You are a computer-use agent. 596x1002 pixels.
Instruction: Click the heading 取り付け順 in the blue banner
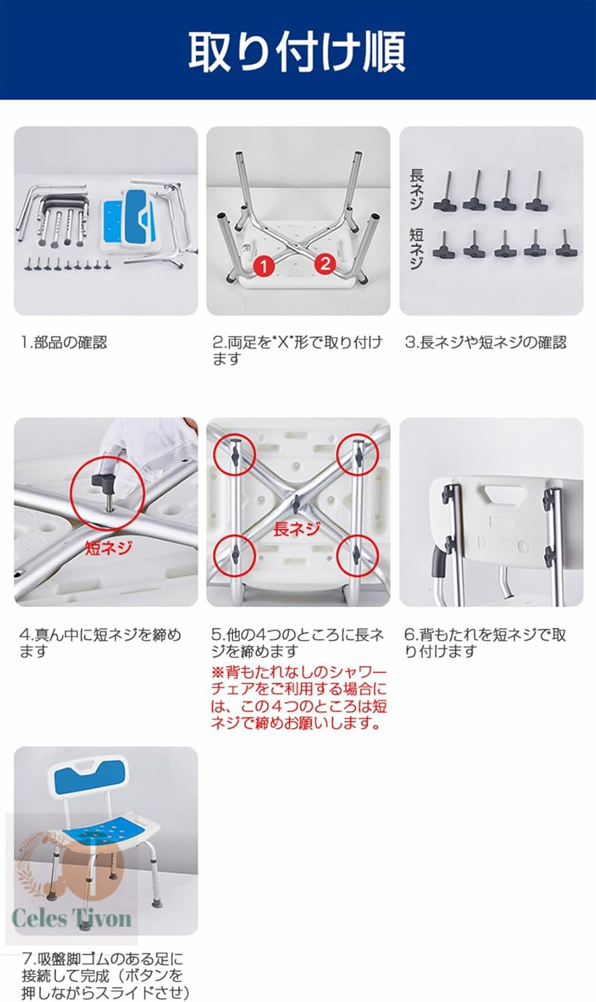click(x=297, y=51)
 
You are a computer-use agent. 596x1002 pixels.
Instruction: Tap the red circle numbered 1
click(x=264, y=266)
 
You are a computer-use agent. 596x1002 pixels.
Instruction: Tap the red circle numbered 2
click(x=325, y=263)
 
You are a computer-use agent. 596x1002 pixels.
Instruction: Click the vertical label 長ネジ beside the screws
click(x=416, y=189)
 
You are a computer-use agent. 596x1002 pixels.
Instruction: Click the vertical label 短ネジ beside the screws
click(x=416, y=248)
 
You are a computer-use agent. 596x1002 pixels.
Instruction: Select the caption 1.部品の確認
click(x=63, y=343)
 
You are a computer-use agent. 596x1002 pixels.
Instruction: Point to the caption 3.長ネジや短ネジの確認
click(x=486, y=343)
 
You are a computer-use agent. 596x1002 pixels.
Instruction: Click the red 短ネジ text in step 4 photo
click(x=109, y=548)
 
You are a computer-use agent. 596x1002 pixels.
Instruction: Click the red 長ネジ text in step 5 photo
click(x=297, y=529)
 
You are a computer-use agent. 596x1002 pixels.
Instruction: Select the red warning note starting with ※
click(x=299, y=698)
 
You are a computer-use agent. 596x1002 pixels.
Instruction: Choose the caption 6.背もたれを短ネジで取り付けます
click(x=485, y=643)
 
